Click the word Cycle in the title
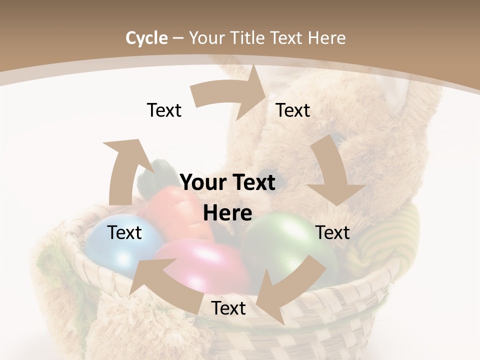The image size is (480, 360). [146, 37]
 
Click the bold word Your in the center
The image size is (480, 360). [203, 182]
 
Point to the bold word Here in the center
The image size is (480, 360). [227, 213]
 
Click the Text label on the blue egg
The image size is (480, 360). [124, 232]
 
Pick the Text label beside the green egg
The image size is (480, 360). [332, 232]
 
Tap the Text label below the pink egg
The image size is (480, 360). [228, 308]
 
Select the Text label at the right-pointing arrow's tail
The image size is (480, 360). [164, 110]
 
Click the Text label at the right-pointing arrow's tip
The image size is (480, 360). [293, 110]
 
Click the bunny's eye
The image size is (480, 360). [340, 137]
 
